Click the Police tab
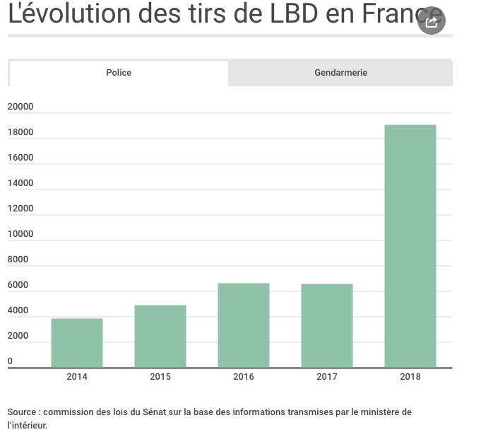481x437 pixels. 119,73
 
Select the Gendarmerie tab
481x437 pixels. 340,73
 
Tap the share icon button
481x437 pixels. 432,23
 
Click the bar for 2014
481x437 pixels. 77,343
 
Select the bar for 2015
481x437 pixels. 160,336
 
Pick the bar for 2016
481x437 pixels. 244,325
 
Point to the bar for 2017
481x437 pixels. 327,325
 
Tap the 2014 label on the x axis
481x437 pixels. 77,377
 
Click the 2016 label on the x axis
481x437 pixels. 244,377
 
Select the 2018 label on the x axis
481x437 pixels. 410,377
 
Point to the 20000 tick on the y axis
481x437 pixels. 20,107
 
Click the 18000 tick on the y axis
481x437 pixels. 20,132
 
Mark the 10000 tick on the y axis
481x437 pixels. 20,234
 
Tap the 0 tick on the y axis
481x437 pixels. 11,361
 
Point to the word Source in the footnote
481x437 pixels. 23,412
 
